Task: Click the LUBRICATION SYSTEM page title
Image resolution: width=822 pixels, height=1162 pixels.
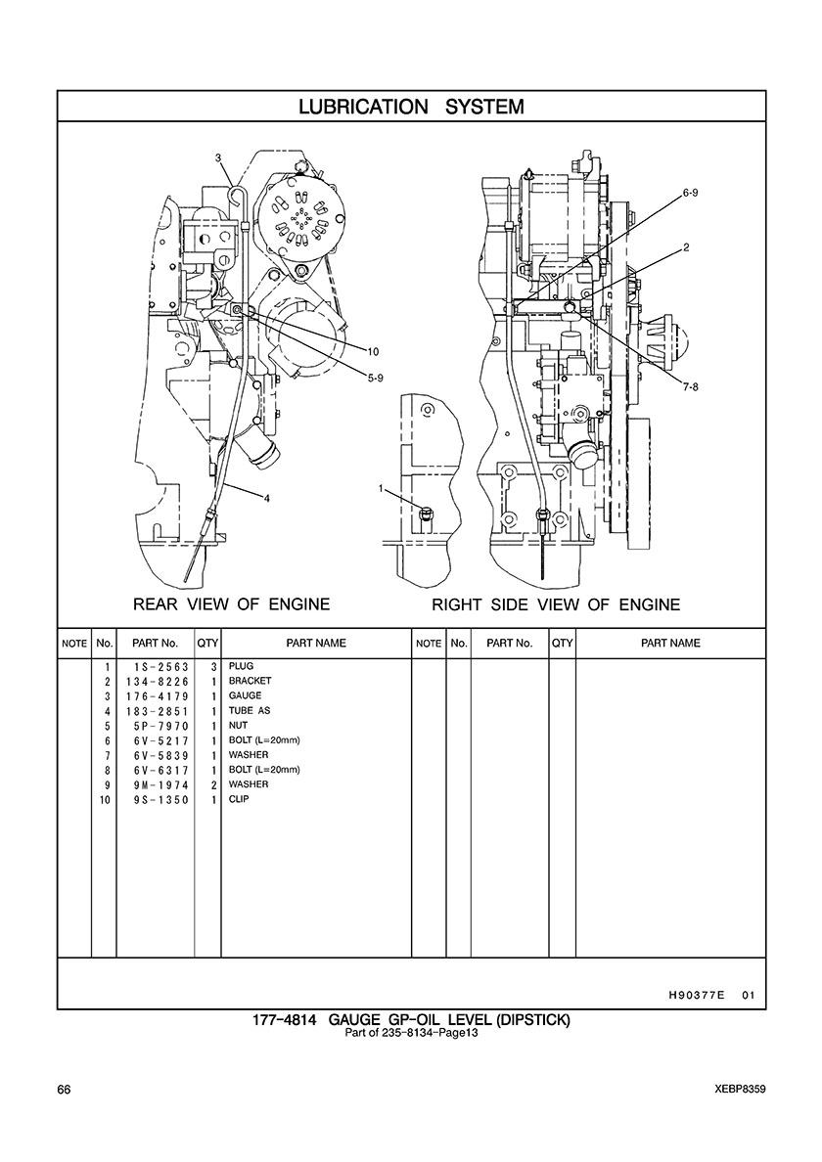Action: (x=411, y=107)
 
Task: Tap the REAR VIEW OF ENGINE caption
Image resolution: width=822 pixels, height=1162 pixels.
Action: (x=231, y=603)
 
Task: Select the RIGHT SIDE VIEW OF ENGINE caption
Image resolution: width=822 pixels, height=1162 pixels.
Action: (x=556, y=604)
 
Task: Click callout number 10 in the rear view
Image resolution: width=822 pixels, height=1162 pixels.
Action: (x=373, y=351)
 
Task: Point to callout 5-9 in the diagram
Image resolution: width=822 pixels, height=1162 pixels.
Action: (x=375, y=378)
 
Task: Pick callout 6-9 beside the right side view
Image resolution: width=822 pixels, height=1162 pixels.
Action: (x=690, y=192)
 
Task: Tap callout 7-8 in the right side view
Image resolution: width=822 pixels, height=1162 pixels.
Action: (x=690, y=386)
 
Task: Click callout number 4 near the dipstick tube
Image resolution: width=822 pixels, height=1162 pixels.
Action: (x=267, y=498)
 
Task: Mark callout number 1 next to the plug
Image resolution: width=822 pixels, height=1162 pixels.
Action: (x=381, y=488)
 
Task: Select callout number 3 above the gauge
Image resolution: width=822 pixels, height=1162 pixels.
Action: (x=218, y=157)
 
